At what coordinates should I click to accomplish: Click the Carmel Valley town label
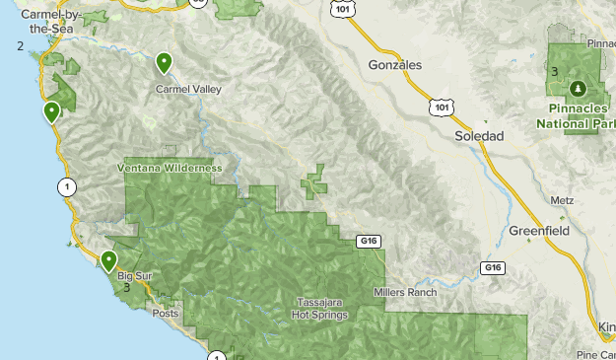[x=188, y=89]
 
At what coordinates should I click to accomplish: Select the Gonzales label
[x=394, y=64]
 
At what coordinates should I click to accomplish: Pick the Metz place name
[x=562, y=199]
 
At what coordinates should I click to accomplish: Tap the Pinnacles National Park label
[x=576, y=117]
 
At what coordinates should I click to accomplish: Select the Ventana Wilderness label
[x=170, y=168]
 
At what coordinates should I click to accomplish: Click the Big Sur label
[x=132, y=276]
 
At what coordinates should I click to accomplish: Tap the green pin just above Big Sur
[x=108, y=260]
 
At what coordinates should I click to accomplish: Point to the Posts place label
[x=166, y=313]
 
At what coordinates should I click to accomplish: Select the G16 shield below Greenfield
[x=493, y=267]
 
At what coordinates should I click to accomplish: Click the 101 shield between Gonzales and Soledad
[x=443, y=106]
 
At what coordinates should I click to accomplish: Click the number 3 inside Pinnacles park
[x=554, y=71]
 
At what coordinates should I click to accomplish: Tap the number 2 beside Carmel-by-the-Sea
[x=20, y=45]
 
